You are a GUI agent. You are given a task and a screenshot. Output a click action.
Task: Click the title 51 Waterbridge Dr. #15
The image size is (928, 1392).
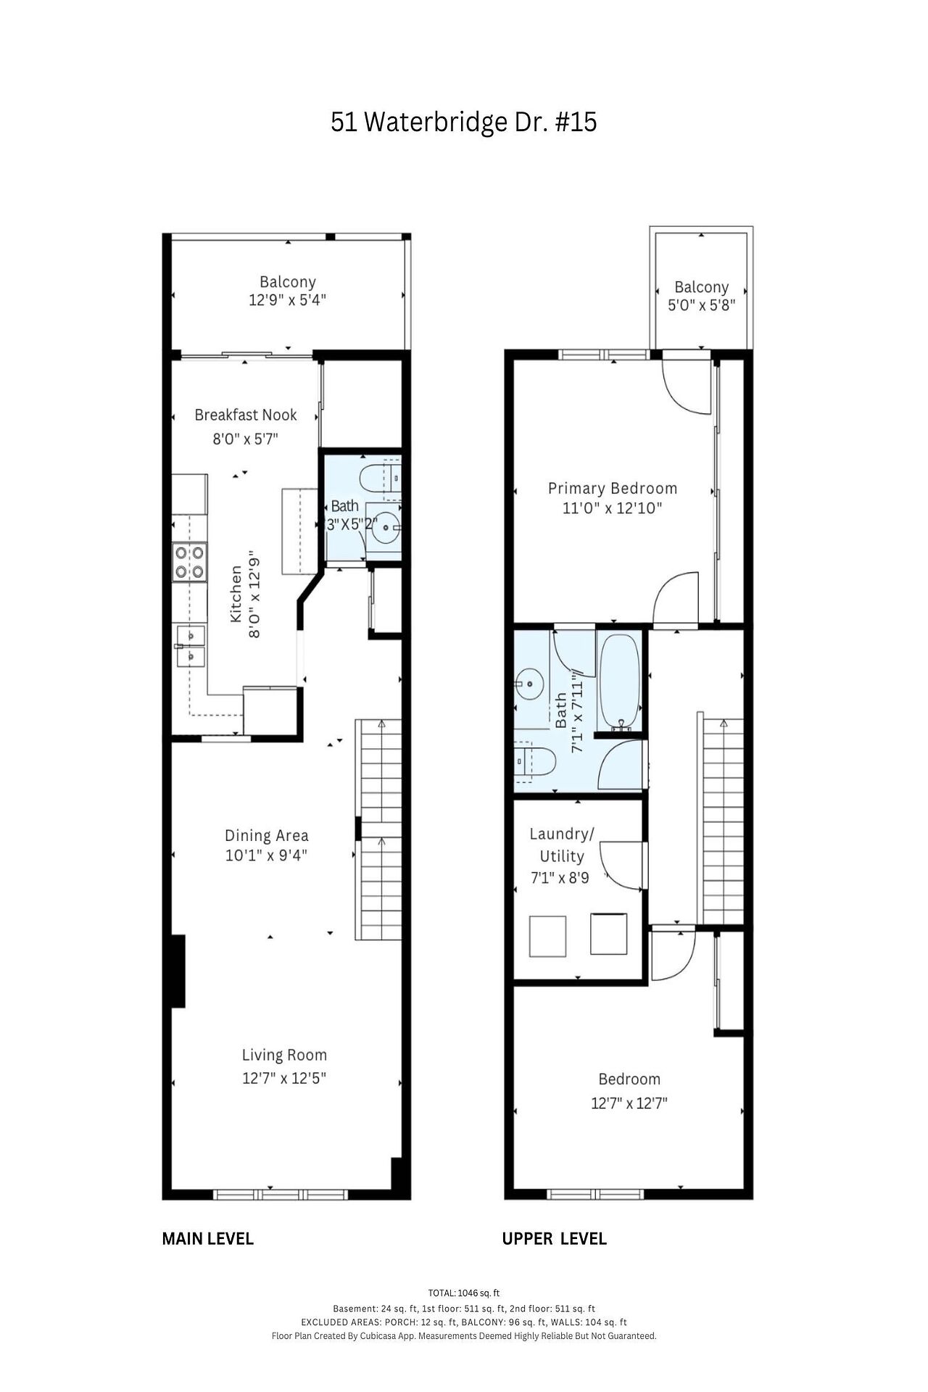point(464,122)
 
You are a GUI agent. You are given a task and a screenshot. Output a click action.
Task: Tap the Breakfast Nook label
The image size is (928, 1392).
point(246,415)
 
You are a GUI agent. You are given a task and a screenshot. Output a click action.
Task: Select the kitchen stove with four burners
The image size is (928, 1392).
point(188,563)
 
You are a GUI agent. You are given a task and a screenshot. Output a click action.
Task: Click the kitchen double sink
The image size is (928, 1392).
point(189,646)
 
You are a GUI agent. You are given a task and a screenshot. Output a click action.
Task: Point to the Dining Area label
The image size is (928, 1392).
point(266,835)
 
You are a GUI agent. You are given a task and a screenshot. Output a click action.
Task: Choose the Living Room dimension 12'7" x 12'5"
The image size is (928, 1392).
point(284,1078)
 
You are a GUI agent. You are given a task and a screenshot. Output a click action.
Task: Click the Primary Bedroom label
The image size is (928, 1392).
point(613,488)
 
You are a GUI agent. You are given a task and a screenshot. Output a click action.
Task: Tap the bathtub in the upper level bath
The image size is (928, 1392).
point(619,681)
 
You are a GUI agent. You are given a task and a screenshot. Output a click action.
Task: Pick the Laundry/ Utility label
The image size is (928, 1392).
point(562,845)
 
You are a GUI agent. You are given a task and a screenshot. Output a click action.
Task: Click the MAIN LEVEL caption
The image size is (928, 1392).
point(208,1239)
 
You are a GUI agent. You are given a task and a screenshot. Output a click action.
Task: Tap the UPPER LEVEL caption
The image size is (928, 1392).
point(555,1239)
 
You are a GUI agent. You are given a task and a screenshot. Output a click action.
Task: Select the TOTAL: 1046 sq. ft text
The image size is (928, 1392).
point(464,1293)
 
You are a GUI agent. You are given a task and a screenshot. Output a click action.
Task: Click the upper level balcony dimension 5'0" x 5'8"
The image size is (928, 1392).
point(702,305)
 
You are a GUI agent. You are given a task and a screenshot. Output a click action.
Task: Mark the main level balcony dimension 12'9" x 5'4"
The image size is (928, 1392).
point(288,300)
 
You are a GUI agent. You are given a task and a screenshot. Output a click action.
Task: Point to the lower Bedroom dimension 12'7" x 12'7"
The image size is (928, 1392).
point(629,1103)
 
